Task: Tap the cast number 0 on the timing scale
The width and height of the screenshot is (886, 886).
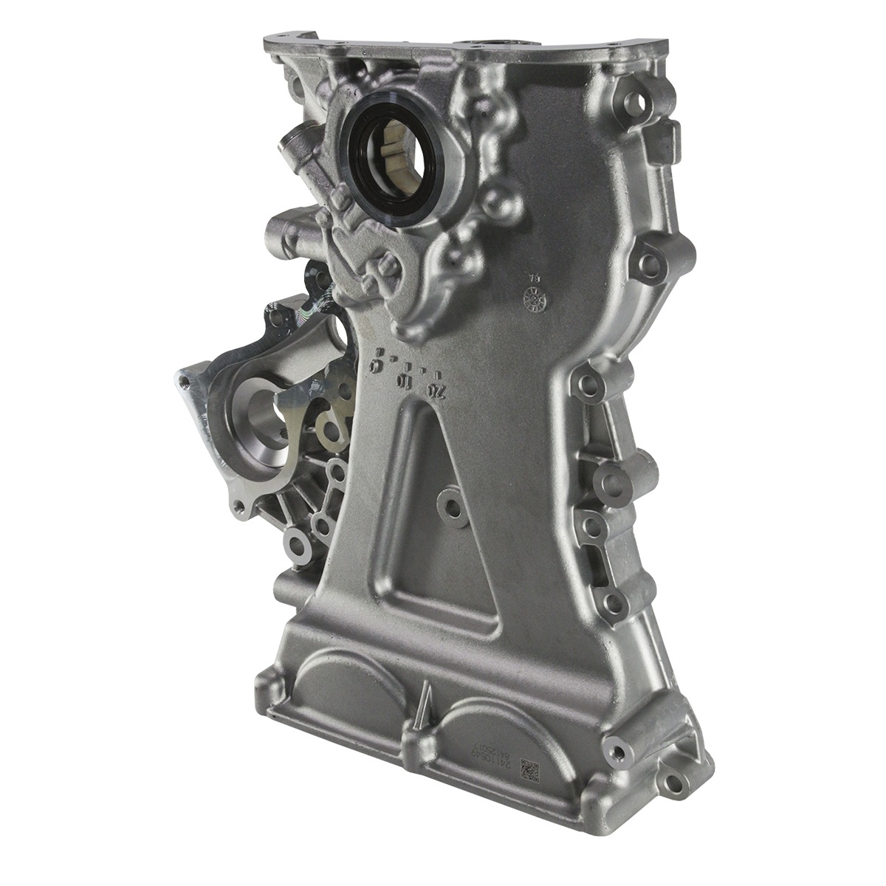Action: (x=377, y=366)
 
